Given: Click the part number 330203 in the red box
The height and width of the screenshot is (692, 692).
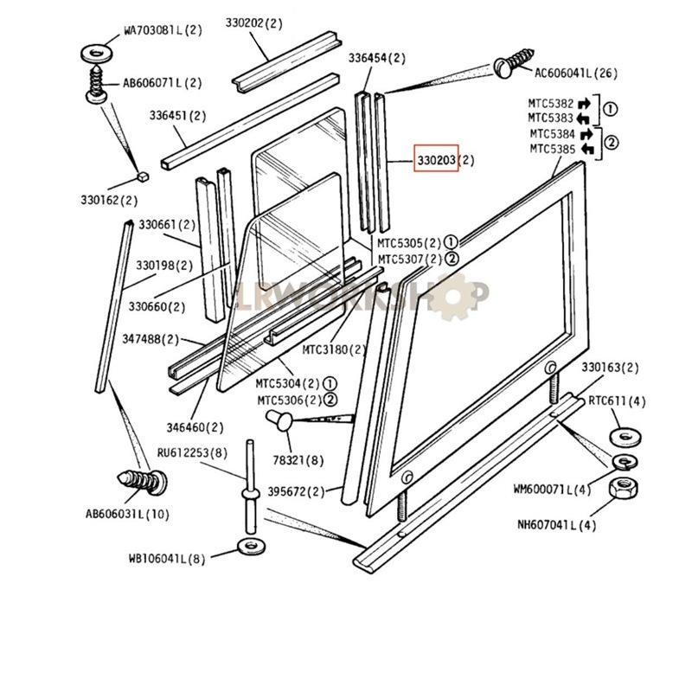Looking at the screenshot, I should point(435,160).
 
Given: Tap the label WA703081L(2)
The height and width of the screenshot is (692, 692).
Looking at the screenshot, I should point(163,29).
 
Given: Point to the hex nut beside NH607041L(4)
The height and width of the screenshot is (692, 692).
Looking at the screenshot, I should point(623,490).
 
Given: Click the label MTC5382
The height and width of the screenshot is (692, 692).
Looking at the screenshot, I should point(550,102).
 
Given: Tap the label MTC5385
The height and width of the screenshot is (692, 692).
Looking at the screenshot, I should point(550,149).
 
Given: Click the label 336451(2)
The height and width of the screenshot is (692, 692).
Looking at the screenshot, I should point(177,115).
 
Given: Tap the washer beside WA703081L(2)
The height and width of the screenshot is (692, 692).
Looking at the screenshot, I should point(96,53).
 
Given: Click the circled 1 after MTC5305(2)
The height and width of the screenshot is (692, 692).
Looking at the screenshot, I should point(450,242).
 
